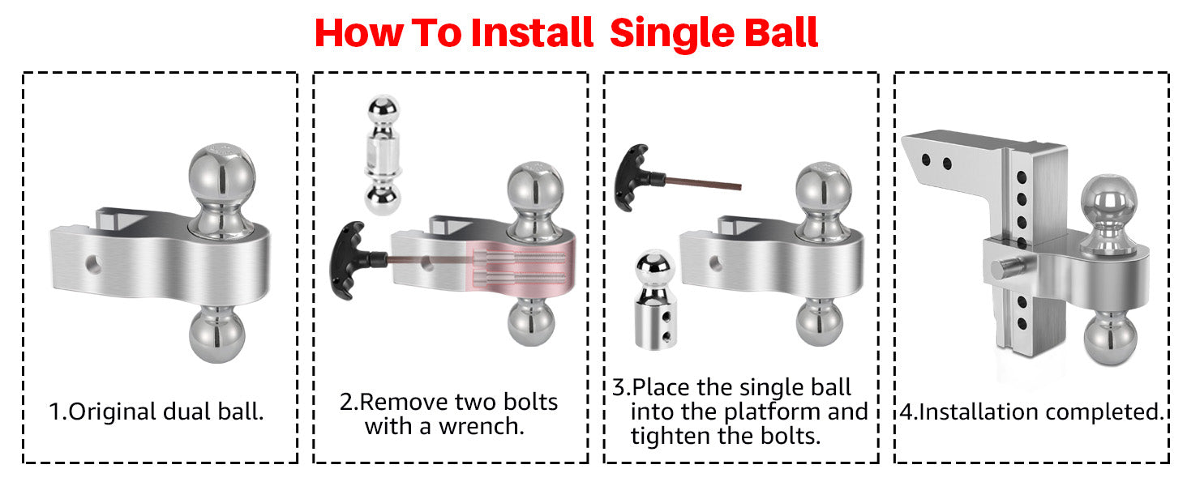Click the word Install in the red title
point(532,33)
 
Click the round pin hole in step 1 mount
point(94,263)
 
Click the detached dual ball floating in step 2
point(383,155)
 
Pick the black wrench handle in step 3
point(636,177)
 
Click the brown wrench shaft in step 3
point(703,183)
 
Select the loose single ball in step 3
point(656,301)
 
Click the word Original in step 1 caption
point(113,412)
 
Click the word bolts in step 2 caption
point(530,402)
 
